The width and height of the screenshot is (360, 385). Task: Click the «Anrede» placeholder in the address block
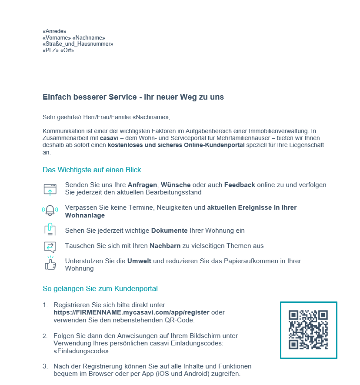[54, 31]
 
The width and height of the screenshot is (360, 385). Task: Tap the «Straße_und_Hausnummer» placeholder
[78, 44]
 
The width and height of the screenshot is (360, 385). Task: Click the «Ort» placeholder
[67, 50]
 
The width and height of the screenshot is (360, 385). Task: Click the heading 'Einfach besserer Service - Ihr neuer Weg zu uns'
[133, 97]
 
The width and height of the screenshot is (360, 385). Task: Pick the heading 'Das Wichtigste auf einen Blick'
[92, 170]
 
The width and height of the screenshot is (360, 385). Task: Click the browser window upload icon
[50, 189]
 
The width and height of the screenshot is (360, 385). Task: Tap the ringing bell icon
[50, 211]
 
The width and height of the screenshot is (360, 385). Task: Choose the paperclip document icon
[50, 229]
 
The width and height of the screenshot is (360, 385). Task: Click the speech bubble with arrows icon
[50, 247]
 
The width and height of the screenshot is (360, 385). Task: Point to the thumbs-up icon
[50, 263]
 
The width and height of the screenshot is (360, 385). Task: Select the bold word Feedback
[240, 185]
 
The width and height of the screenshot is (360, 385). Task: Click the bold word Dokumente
[169, 231]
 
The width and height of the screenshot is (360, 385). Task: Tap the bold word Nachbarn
[165, 246]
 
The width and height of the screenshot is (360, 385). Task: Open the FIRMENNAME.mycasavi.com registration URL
[131, 312]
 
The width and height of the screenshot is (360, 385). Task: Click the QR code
[308, 330]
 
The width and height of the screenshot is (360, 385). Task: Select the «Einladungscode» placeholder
[80, 351]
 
